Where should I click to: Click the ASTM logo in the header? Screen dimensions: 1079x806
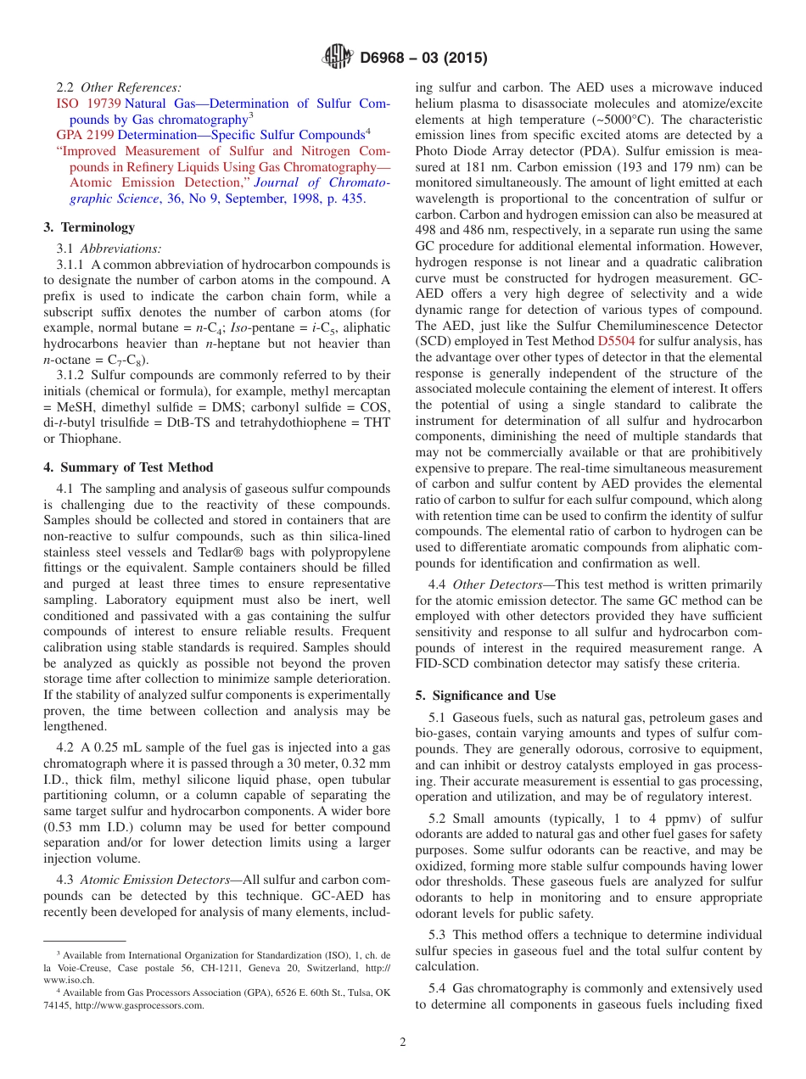[337, 58]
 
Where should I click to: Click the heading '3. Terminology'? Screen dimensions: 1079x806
[89, 227]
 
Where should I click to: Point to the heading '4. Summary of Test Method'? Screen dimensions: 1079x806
[128, 467]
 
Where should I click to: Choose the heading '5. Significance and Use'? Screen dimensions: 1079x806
[485, 696]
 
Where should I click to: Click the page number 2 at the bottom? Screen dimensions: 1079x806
[403, 1043]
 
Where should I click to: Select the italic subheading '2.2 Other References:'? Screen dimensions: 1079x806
[119, 87]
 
